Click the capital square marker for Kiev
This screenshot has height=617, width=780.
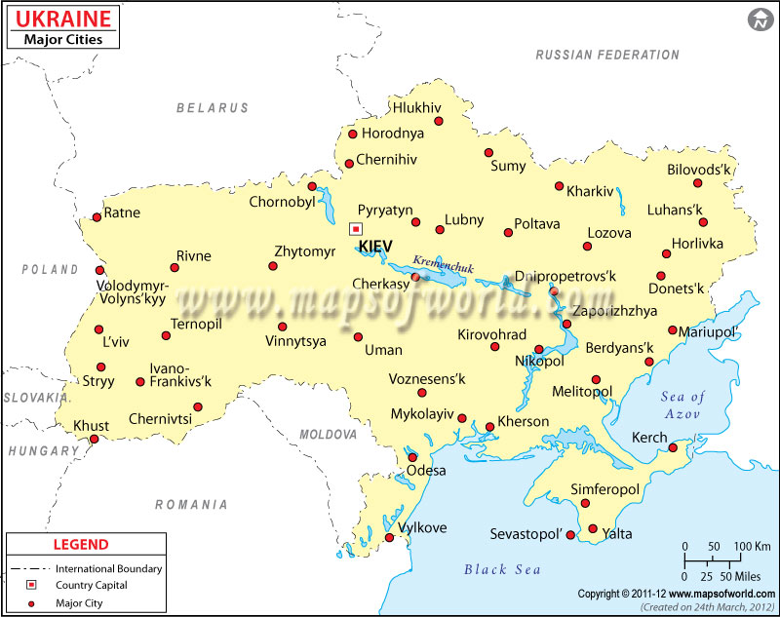click(355, 229)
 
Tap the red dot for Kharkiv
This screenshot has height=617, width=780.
click(559, 186)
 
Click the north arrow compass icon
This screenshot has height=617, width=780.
click(760, 19)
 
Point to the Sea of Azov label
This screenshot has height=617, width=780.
click(682, 405)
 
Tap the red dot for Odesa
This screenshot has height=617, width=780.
click(412, 456)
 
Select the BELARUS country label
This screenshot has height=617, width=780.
click(213, 108)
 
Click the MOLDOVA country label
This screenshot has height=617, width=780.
click(329, 434)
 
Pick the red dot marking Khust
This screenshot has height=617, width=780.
click(95, 440)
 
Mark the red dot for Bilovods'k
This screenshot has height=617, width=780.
click(698, 183)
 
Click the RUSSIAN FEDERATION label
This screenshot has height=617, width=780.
click(607, 56)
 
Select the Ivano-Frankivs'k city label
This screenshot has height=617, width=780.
click(180, 375)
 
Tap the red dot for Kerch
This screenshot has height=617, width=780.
click(673, 448)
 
